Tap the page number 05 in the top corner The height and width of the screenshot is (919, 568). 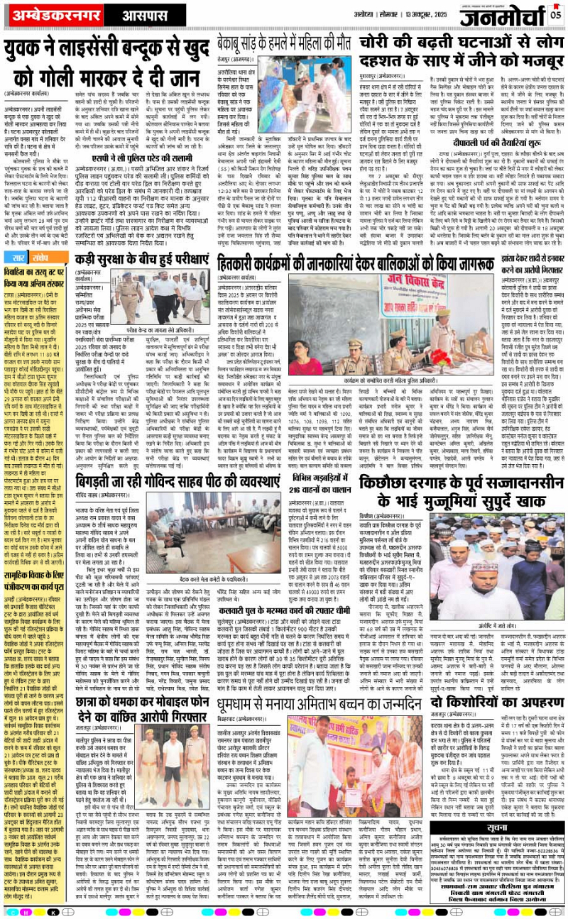(x=555, y=12)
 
